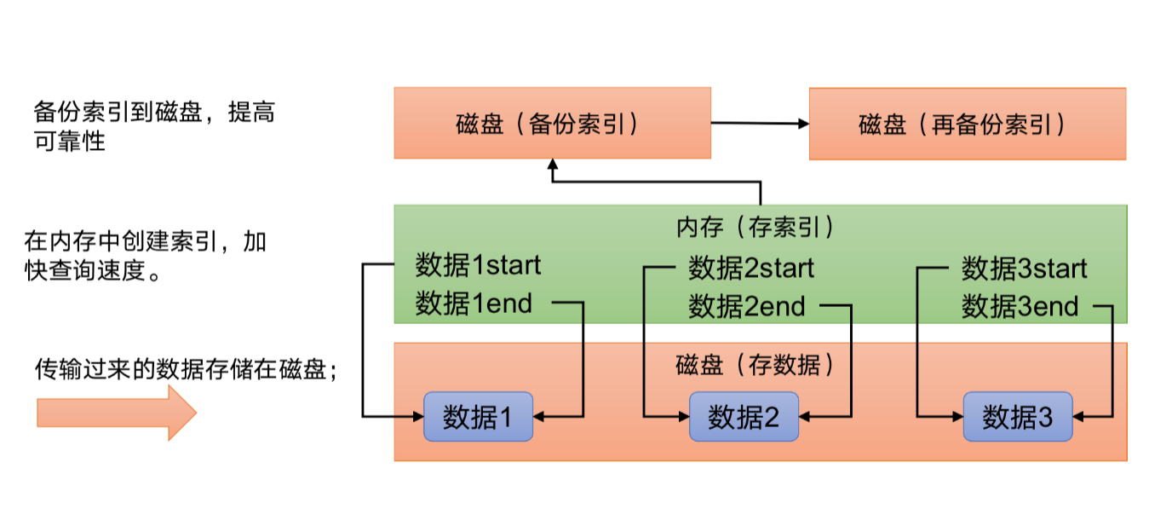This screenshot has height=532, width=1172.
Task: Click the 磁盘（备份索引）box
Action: (x=552, y=123)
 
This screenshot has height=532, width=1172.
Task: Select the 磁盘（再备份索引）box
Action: (x=967, y=124)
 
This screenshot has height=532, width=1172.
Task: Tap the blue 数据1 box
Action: (x=478, y=417)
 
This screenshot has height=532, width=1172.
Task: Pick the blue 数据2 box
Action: (x=744, y=417)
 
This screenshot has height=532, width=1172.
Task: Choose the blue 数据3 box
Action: (x=1017, y=417)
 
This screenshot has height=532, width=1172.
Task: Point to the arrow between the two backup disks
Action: (x=760, y=124)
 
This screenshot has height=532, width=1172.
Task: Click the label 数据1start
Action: (x=478, y=265)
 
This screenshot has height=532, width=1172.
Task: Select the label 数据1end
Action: (x=474, y=303)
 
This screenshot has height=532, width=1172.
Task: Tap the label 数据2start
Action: (x=751, y=269)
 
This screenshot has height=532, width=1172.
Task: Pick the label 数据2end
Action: (x=747, y=306)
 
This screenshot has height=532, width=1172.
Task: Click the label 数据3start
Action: (x=1025, y=269)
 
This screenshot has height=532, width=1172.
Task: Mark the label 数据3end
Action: (x=1020, y=306)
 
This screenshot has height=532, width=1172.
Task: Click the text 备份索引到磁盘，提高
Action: (x=154, y=112)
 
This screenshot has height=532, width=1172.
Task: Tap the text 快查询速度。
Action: (x=94, y=272)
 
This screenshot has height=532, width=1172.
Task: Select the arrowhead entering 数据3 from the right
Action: (x=1079, y=417)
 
